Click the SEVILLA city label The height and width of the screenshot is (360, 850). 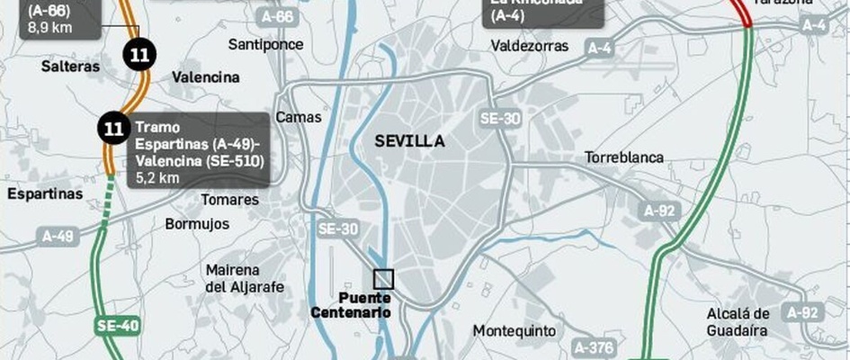pos(409,141)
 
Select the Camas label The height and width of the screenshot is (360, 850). pos(298,117)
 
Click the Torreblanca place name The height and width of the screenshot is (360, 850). pos(624,157)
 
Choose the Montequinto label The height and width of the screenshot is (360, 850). pos(514,330)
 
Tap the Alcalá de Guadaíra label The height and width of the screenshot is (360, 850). pos(738,321)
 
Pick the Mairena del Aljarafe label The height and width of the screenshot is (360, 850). pos(245,278)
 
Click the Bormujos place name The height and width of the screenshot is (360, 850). pos(197,224)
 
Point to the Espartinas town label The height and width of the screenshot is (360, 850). pos(44,193)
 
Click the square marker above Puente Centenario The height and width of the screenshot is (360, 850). pos(384,279)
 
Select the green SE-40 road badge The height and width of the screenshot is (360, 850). pos(117,326)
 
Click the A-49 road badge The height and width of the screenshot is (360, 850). pos(58,237)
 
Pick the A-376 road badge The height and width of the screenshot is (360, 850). pos(592,346)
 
